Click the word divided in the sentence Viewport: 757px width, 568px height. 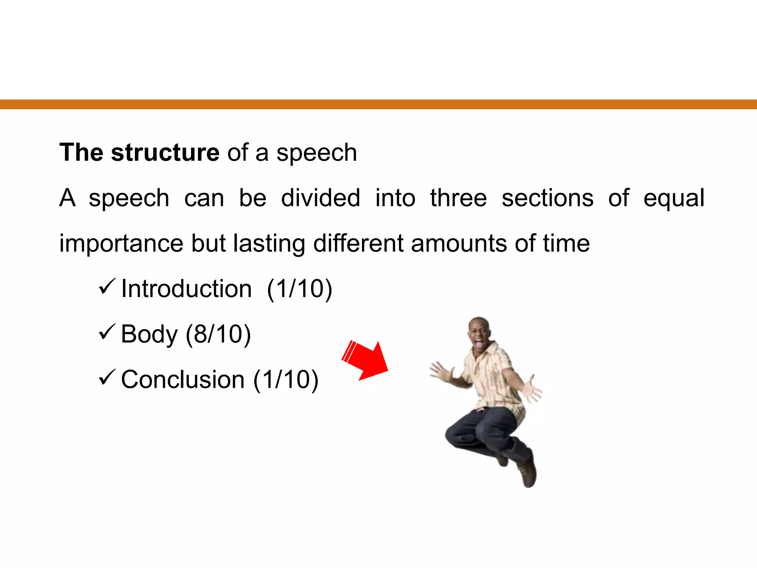320,198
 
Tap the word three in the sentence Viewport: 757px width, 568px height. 458,198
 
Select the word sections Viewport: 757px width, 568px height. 547,198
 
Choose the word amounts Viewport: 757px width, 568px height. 459,243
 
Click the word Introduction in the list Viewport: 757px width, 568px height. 186,289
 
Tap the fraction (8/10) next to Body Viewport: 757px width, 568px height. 218,334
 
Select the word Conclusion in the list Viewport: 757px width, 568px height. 183,380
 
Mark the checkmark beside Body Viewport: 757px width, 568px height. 107,332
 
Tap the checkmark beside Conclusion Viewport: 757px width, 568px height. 107,378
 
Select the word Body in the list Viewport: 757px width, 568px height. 149,334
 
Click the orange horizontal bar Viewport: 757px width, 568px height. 378,104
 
